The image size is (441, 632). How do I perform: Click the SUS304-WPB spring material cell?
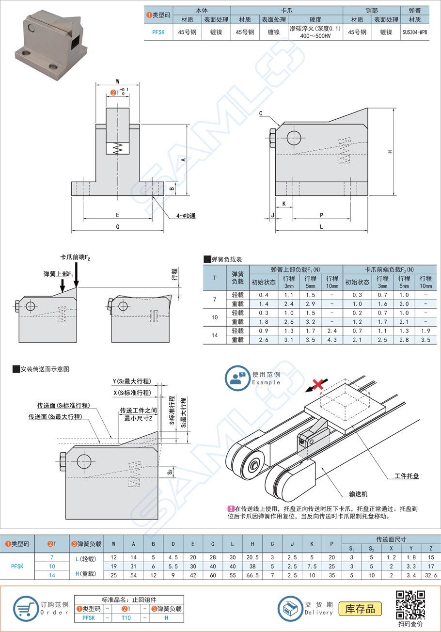(x=414, y=32)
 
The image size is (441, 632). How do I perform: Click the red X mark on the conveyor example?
(x=318, y=385)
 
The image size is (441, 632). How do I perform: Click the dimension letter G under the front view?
(x=118, y=226)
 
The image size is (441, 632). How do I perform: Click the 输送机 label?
(x=359, y=494)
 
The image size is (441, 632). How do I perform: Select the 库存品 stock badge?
(x=360, y=608)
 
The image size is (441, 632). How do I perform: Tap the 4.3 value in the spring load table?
(x=331, y=341)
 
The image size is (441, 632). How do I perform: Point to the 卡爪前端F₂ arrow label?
(x=75, y=258)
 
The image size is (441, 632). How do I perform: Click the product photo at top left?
(x=53, y=42)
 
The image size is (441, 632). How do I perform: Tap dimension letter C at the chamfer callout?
(x=261, y=113)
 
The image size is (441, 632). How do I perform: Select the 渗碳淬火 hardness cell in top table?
(x=315, y=32)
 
